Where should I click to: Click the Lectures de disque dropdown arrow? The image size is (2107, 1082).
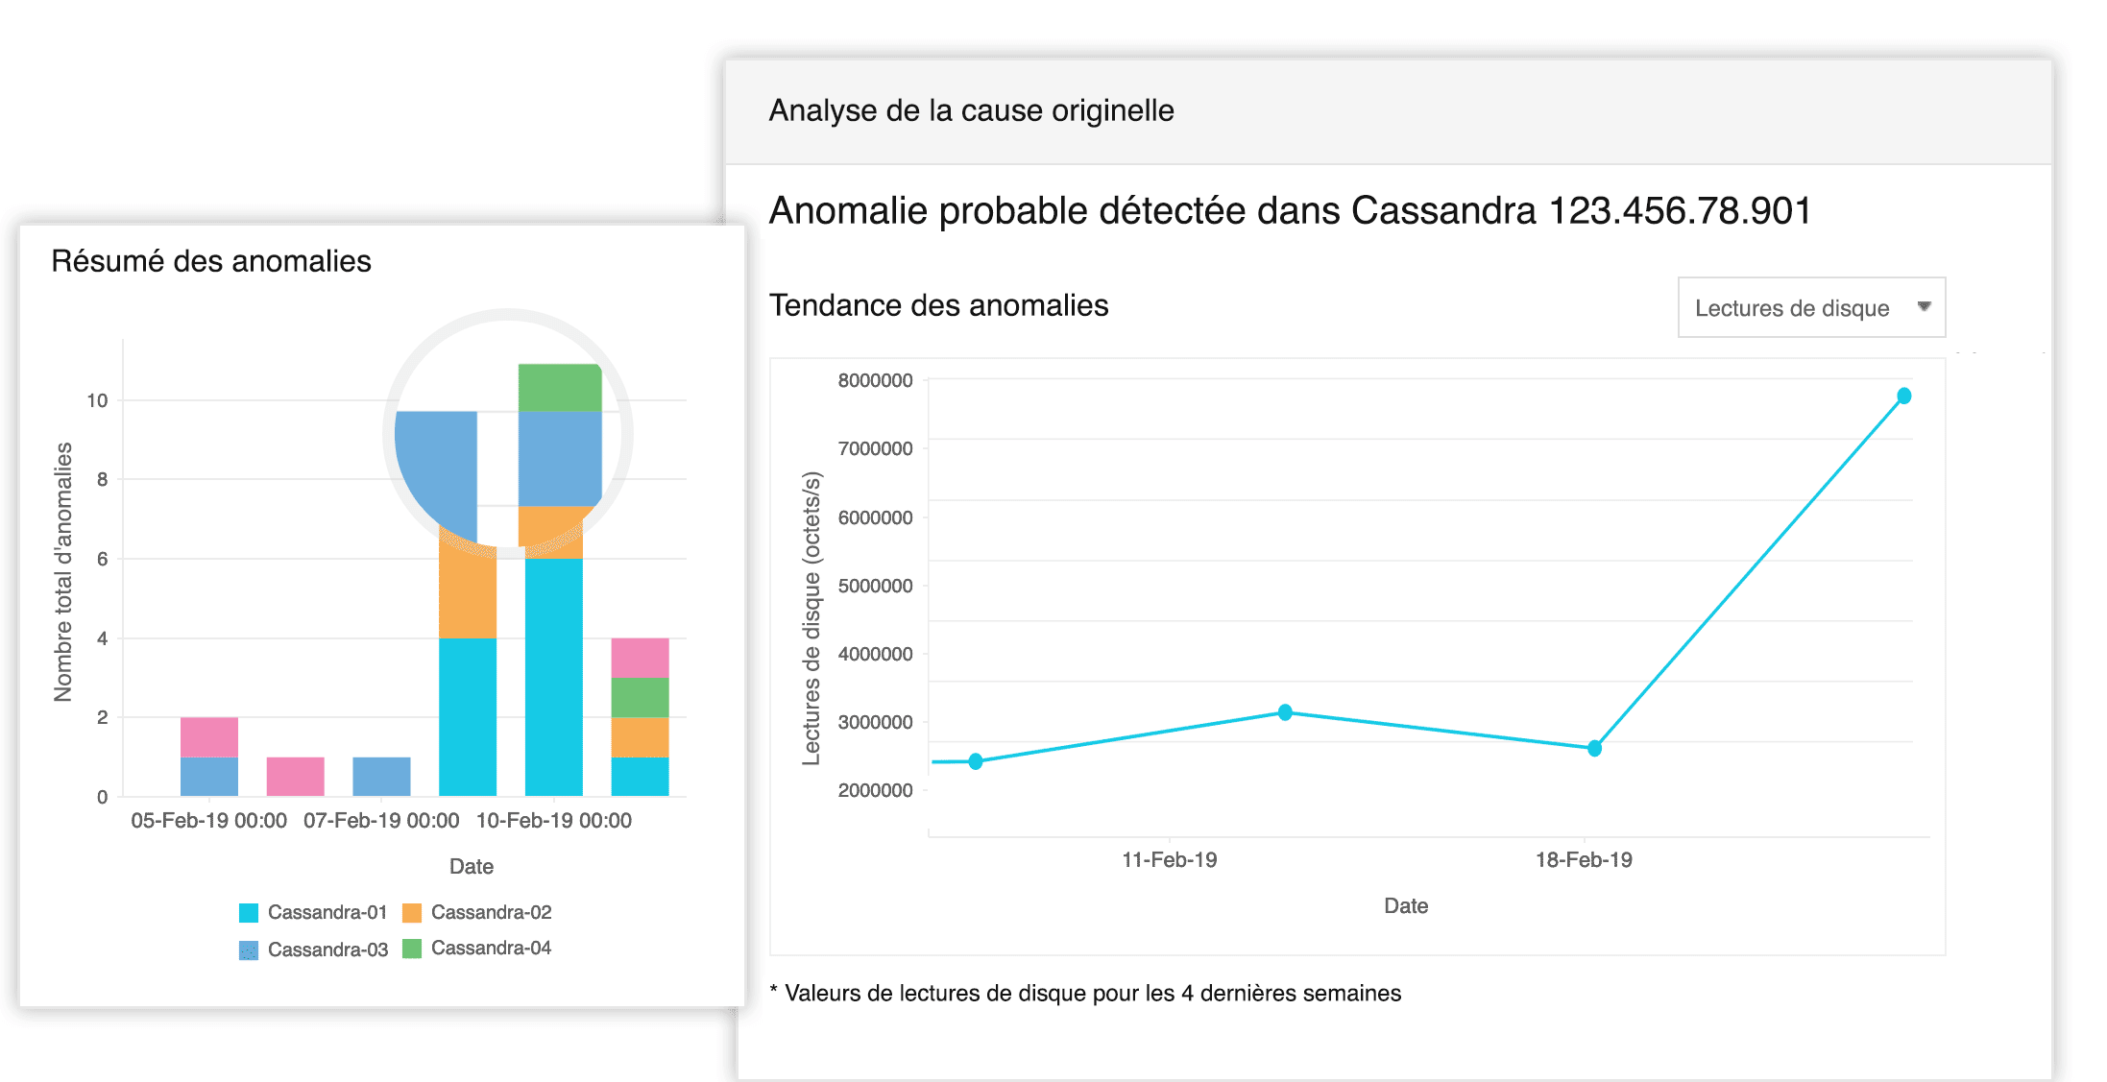[x=1924, y=306]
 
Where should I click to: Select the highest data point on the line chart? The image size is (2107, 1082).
[x=1903, y=396]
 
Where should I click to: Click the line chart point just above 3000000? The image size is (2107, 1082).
[x=1285, y=712]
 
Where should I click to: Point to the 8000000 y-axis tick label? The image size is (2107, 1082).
[x=875, y=380]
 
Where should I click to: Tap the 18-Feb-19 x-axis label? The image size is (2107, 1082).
[x=1584, y=859]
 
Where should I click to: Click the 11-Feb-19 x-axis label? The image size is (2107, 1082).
[x=1169, y=859]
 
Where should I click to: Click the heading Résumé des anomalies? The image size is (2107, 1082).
[x=211, y=261]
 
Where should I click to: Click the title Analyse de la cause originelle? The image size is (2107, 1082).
[x=971, y=110]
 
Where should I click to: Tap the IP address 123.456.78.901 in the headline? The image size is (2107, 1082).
[x=1680, y=210]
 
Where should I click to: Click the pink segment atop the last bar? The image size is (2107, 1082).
[x=640, y=658]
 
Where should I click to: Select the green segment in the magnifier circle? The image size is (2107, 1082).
[x=559, y=388]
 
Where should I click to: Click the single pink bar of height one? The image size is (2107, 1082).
[x=295, y=776]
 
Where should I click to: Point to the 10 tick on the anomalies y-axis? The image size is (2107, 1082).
[x=97, y=400]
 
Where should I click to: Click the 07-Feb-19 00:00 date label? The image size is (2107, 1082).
[x=381, y=821]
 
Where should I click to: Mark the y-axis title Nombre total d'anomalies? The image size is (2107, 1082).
[x=63, y=571]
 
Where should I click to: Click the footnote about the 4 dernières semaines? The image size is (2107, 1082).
[x=1092, y=993]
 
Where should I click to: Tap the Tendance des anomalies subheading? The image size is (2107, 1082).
[x=938, y=305]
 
